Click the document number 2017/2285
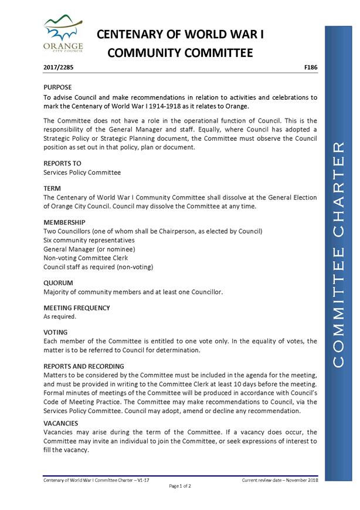pyautogui.click(x=59, y=68)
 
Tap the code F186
pyautogui.click(x=311, y=68)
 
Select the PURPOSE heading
pyautogui.click(x=58, y=86)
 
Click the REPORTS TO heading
pyautogui.click(x=63, y=163)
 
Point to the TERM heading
pyautogui.click(x=53, y=188)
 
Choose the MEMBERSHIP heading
pyautogui.click(x=64, y=222)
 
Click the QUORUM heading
pyautogui.click(x=58, y=282)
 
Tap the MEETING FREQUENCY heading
pyautogui.click(x=77, y=308)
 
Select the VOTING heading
pyautogui.click(x=56, y=332)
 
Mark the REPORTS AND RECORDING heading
pyautogui.click(x=84, y=366)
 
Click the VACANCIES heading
pyautogui.click(x=61, y=423)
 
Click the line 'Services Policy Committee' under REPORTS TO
pyautogui.click(x=82, y=172)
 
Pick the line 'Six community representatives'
pyautogui.click(x=89, y=240)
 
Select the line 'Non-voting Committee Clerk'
pyautogui.click(x=86, y=258)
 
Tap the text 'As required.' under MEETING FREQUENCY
pyautogui.click(x=60, y=316)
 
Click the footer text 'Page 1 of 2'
pyautogui.click(x=181, y=486)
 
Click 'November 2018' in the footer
pyautogui.click(x=301, y=479)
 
